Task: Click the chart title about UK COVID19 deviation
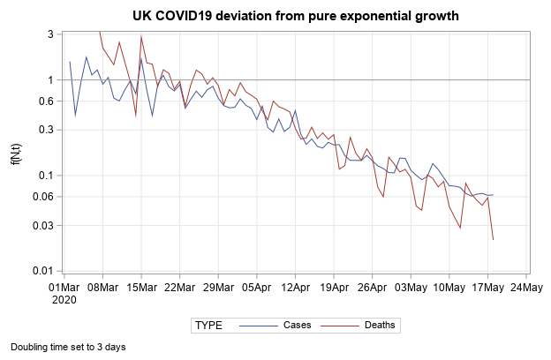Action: [x=296, y=16]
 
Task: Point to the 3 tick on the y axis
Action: [x=50, y=34]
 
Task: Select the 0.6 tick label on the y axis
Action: [x=45, y=101]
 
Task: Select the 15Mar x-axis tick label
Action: [x=141, y=287]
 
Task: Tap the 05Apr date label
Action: [x=257, y=287]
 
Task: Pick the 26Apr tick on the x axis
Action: [x=373, y=287]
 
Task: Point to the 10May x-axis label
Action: [x=449, y=287]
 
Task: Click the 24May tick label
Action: [x=527, y=287]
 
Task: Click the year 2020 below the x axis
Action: [x=64, y=299]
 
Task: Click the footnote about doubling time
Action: [x=68, y=347]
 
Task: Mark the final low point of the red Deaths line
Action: [x=493, y=240]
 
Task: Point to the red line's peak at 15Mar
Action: [x=141, y=36]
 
